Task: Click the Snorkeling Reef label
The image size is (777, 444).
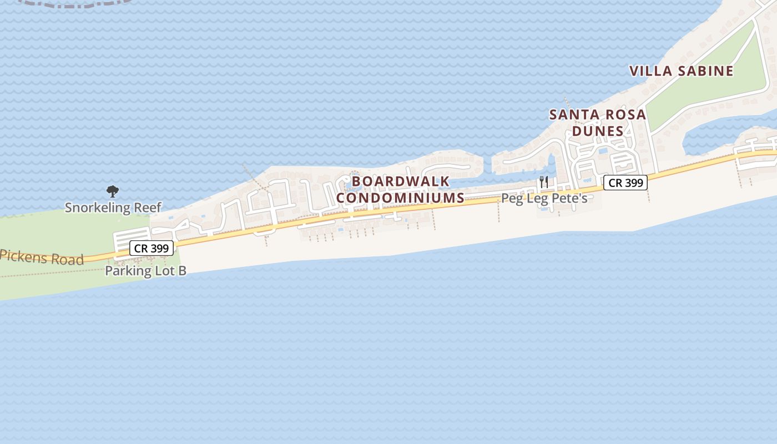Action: (113, 208)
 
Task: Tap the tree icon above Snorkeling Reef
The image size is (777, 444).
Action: (113, 191)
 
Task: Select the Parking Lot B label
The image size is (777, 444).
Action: (145, 271)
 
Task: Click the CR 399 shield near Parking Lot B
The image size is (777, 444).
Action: (152, 248)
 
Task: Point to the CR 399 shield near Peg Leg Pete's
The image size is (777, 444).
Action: (625, 183)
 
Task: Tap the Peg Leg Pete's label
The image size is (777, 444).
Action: (544, 198)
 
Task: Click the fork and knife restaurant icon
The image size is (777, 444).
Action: (544, 181)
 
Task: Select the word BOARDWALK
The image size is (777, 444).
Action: (401, 181)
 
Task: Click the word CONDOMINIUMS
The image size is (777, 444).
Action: (401, 198)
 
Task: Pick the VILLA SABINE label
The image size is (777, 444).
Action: (682, 71)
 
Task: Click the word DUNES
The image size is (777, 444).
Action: (598, 131)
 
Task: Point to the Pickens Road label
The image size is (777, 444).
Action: (42, 256)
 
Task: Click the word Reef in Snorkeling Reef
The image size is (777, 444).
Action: (147, 208)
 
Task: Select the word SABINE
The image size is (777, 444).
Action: (705, 71)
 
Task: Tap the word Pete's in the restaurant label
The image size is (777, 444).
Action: (571, 198)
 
